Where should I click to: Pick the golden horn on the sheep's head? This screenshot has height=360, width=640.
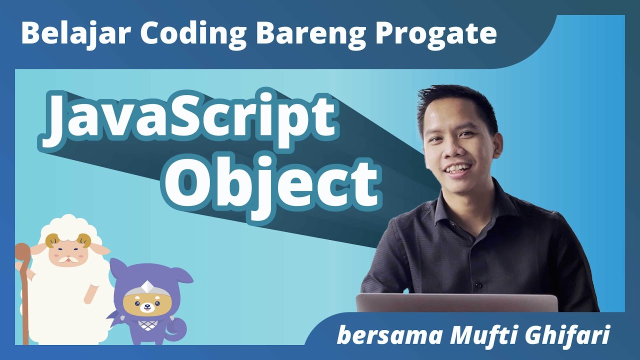click(52, 241)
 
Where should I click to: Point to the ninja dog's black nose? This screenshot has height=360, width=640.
click(146, 306)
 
